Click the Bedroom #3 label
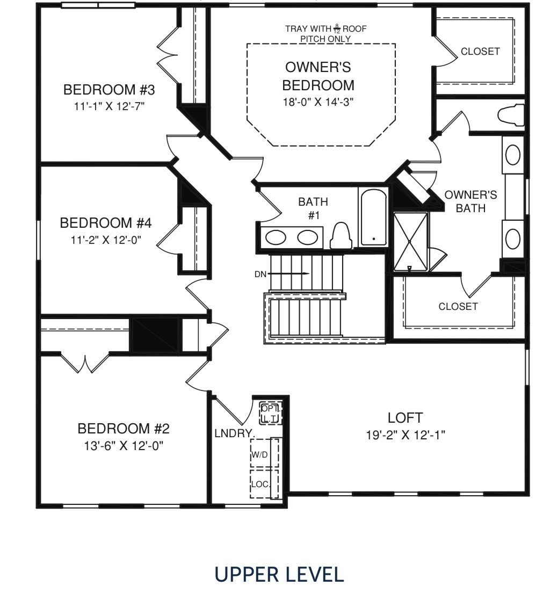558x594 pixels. click(109, 90)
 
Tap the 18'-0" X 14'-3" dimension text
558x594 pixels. click(318, 102)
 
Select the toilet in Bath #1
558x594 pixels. click(341, 235)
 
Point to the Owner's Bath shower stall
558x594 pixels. click(410, 242)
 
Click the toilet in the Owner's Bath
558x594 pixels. click(511, 115)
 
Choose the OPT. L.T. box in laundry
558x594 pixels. click(271, 414)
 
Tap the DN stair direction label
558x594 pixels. click(260, 274)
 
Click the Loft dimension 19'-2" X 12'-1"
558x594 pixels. click(405, 435)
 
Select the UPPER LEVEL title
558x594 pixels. click(279, 574)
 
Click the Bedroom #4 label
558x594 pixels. click(106, 223)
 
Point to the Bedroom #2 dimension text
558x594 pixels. click(124, 446)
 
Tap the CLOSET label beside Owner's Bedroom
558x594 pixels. click(480, 51)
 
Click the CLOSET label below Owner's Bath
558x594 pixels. click(458, 306)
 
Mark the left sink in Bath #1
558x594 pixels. click(276, 238)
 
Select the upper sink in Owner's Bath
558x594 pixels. click(513, 155)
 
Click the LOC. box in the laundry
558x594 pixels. click(264, 484)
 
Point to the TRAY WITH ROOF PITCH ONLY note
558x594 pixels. click(326, 33)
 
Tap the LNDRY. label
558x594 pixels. click(234, 433)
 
